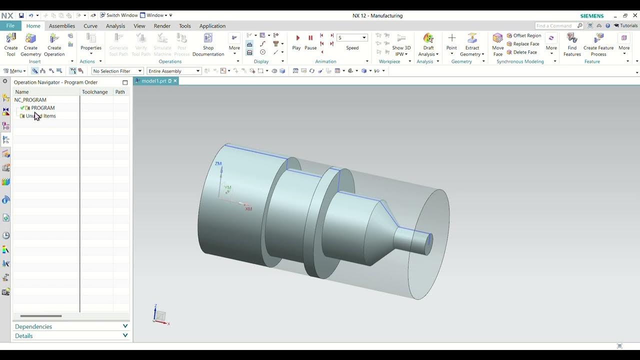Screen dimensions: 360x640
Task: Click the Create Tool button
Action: coord(11,44)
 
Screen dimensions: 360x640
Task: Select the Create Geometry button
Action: coord(30,44)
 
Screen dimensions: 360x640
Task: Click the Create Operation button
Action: coord(54,44)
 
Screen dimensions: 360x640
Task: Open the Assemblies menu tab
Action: coord(62,26)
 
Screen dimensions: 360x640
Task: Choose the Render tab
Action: coord(162,26)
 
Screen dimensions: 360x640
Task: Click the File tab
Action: coord(10,26)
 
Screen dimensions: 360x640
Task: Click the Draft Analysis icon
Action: coord(428,39)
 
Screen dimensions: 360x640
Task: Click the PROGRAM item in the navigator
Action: coord(43,108)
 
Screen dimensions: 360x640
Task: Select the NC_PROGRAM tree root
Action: coord(30,100)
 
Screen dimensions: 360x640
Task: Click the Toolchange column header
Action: coord(95,92)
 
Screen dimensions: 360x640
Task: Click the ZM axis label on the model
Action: coord(218,163)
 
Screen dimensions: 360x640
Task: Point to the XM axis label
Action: coord(248,209)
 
